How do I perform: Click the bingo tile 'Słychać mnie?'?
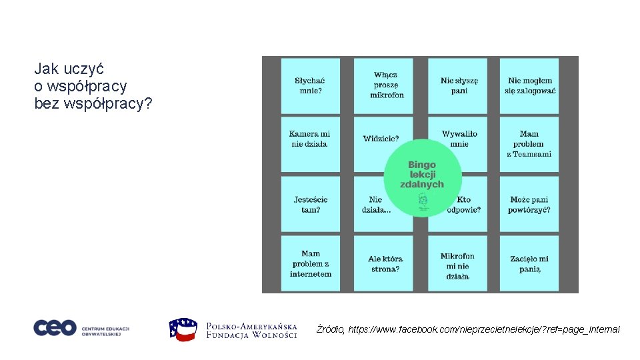point(310,85)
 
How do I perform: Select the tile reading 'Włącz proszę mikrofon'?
point(387,85)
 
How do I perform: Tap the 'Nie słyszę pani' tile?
point(459,85)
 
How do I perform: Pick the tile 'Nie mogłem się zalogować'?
point(531,85)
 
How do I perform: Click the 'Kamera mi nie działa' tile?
point(310,143)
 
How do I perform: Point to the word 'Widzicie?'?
point(381,139)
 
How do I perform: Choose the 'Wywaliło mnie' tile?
point(459,139)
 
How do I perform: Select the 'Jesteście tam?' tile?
point(310,204)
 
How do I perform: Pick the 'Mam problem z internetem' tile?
point(310,263)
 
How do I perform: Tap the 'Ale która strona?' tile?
point(385,263)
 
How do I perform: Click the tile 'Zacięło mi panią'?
point(529,263)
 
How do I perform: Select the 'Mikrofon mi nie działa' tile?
point(458,265)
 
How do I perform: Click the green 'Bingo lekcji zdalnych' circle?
point(422,175)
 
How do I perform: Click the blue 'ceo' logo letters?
point(55,328)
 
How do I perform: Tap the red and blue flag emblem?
point(183,329)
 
